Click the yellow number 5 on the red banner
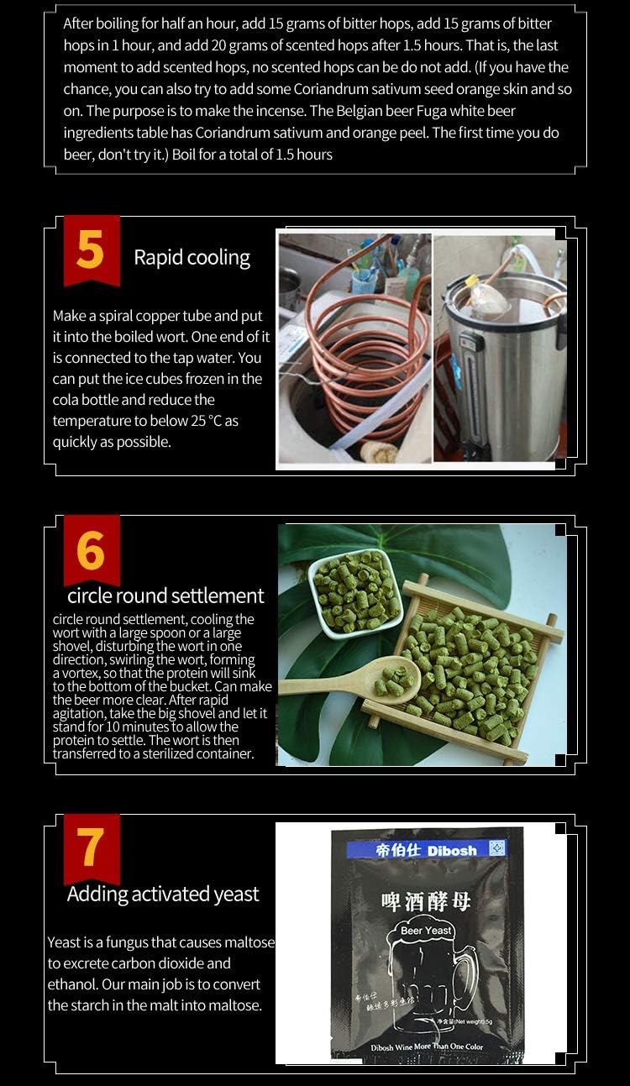click(x=90, y=249)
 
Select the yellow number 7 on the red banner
click(x=90, y=848)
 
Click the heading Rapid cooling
click(x=192, y=257)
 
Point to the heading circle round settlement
click(x=165, y=595)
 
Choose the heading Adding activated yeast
click(x=163, y=894)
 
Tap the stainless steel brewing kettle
click(x=504, y=370)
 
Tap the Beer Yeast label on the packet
click(x=426, y=931)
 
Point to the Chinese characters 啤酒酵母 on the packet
click(x=426, y=901)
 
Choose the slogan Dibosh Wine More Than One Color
click(x=427, y=1047)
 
